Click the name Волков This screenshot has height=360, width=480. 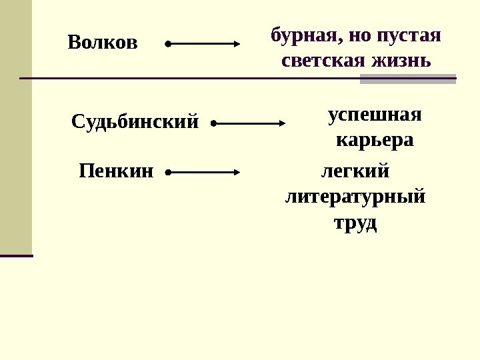click(x=103, y=43)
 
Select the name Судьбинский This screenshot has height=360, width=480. click(x=135, y=122)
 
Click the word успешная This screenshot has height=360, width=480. click(x=375, y=115)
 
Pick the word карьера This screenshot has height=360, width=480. click(x=375, y=141)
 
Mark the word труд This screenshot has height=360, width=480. click(x=355, y=223)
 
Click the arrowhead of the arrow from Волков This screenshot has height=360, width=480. click(x=236, y=44)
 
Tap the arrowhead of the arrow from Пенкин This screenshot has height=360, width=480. click(x=236, y=172)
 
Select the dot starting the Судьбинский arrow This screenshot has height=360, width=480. click(x=213, y=123)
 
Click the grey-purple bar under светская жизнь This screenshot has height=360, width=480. click(x=407, y=79)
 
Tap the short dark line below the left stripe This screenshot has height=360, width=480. click(x=16, y=255)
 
